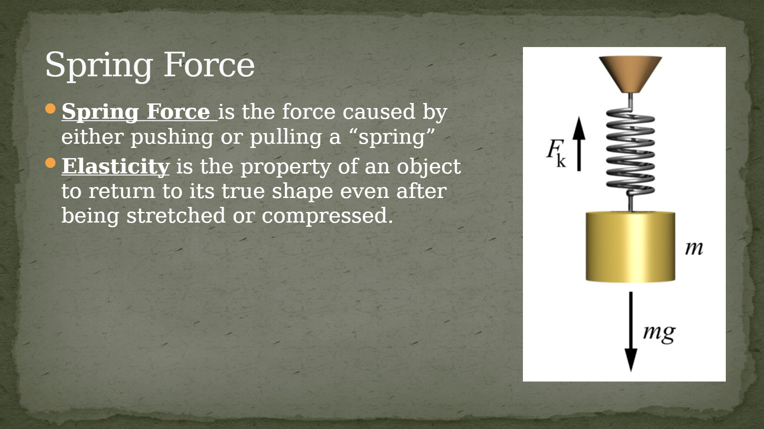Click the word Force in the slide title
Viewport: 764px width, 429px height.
(x=209, y=64)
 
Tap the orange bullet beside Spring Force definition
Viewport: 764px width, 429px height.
(x=51, y=109)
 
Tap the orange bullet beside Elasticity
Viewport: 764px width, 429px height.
(x=51, y=163)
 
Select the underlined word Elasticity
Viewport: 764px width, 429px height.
(x=115, y=167)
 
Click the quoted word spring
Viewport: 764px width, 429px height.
(x=392, y=137)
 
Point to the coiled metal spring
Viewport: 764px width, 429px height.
(x=630, y=151)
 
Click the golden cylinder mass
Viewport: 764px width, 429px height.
(x=630, y=247)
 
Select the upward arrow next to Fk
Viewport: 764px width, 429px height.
(x=579, y=144)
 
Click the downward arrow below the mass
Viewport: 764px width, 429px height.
(x=631, y=331)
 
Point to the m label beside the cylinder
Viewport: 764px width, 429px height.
(x=694, y=248)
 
